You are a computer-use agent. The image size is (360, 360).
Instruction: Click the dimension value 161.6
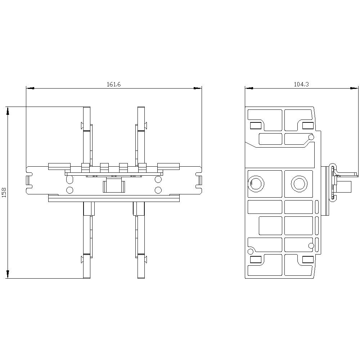point(113,85)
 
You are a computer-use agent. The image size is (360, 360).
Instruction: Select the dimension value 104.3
point(301,85)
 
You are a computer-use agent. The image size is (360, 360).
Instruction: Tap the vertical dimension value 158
point(4,192)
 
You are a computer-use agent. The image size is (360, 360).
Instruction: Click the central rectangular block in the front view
point(113,186)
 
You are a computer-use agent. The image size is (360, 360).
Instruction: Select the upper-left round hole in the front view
point(70,180)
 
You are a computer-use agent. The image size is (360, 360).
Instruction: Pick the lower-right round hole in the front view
point(158,190)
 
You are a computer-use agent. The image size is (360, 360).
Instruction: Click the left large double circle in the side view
point(256,184)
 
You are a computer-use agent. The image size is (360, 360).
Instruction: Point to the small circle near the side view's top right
point(311,137)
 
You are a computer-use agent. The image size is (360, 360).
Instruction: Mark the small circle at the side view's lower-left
point(250,251)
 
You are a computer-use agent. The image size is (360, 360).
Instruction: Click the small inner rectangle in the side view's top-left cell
point(256,125)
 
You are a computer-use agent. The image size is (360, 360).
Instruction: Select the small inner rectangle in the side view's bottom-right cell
point(307,260)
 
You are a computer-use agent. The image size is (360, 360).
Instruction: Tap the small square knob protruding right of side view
point(345,187)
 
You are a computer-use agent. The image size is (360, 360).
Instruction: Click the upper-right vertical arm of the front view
point(141,133)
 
